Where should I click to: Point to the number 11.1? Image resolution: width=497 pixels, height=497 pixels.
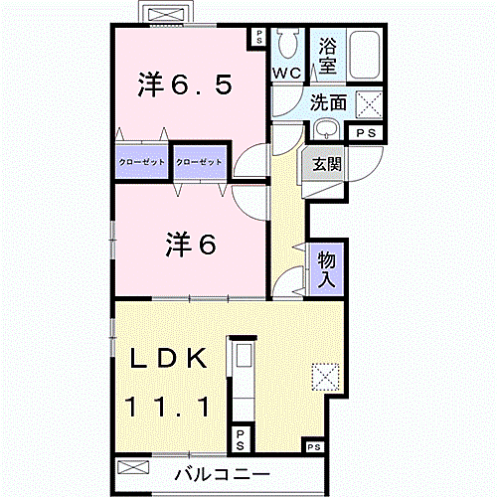click(x=166, y=406)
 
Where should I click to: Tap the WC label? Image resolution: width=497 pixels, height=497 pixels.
click(x=289, y=74)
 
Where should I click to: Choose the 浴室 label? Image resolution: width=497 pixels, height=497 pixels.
click(x=328, y=56)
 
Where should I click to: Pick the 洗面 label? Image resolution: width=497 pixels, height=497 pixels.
click(x=327, y=102)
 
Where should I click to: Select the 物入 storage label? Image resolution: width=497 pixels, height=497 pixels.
click(x=327, y=268)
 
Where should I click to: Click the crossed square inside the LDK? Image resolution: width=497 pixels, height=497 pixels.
click(x=326, y=377)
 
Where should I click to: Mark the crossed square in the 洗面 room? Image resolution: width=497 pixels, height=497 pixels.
click(x=369, y=103)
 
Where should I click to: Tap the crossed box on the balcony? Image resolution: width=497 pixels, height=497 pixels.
click(x=134, y=467)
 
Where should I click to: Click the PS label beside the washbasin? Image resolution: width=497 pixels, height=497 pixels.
click(x=365, y=132)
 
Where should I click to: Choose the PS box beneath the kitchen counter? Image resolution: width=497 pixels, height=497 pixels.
click(x=242, y=436)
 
